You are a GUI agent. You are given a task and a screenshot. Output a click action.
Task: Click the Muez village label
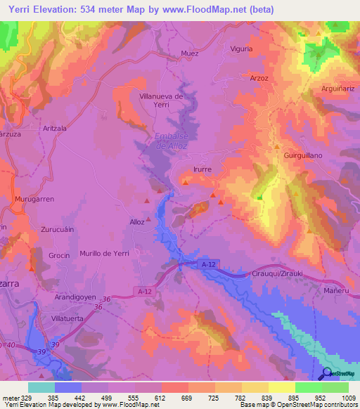coord(190,53)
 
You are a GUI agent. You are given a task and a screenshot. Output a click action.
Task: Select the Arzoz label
coord(259,78)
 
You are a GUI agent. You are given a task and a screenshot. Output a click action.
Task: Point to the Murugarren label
coord(35,200)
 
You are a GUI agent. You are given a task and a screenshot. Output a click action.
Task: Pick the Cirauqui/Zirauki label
coord(280,274)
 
